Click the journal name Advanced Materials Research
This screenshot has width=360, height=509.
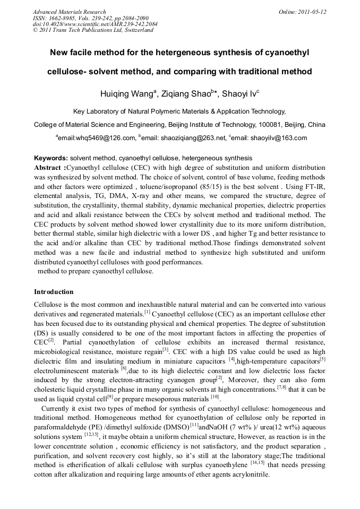69,12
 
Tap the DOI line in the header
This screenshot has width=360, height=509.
95,24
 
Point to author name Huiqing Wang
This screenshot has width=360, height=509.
126,94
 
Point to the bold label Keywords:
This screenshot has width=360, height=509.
50,158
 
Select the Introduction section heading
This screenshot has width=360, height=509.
54,292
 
